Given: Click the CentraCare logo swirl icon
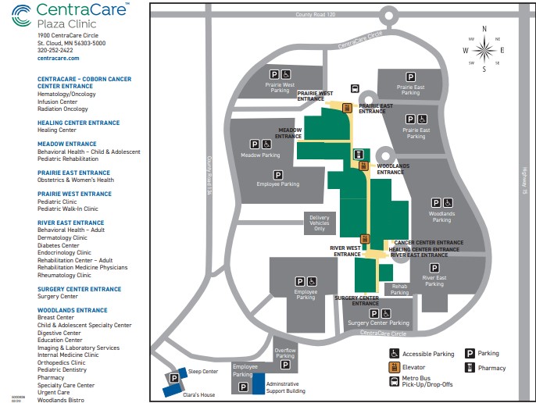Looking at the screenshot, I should point(23,14).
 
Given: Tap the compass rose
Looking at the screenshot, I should point(484,50).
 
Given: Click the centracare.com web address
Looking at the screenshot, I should point(58,59).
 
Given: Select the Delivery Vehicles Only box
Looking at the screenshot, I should point(320,223).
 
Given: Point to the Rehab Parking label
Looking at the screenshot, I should point(399,290).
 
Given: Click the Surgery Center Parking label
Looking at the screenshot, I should point(378,323).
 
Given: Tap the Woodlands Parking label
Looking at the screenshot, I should point(441,216).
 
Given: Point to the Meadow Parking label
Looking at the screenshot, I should point(260,155).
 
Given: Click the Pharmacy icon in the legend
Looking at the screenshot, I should point(470,368).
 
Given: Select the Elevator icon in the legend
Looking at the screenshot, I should point(395,368).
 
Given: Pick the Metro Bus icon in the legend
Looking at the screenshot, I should point(395,382).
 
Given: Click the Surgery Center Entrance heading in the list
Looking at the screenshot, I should point(79,289).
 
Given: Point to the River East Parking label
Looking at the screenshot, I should point(434,281).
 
